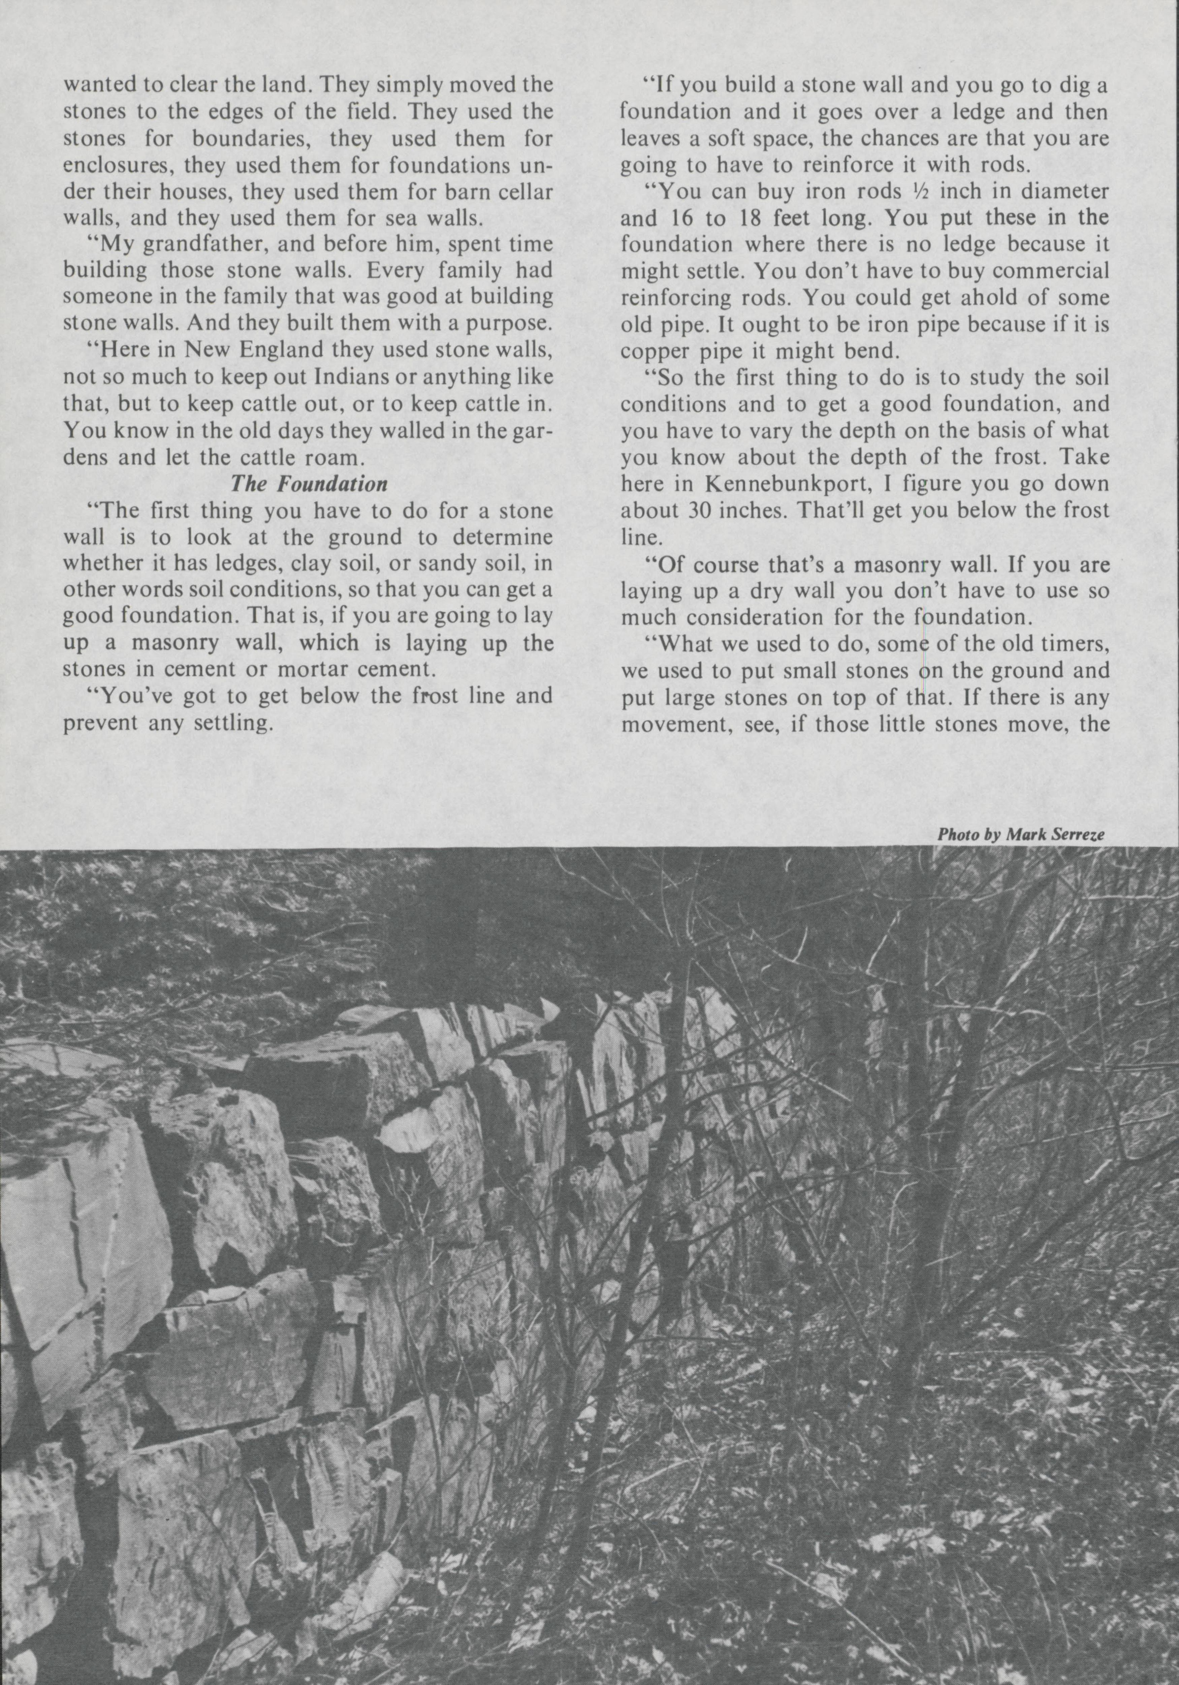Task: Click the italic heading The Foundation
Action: [x=309, y=484]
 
